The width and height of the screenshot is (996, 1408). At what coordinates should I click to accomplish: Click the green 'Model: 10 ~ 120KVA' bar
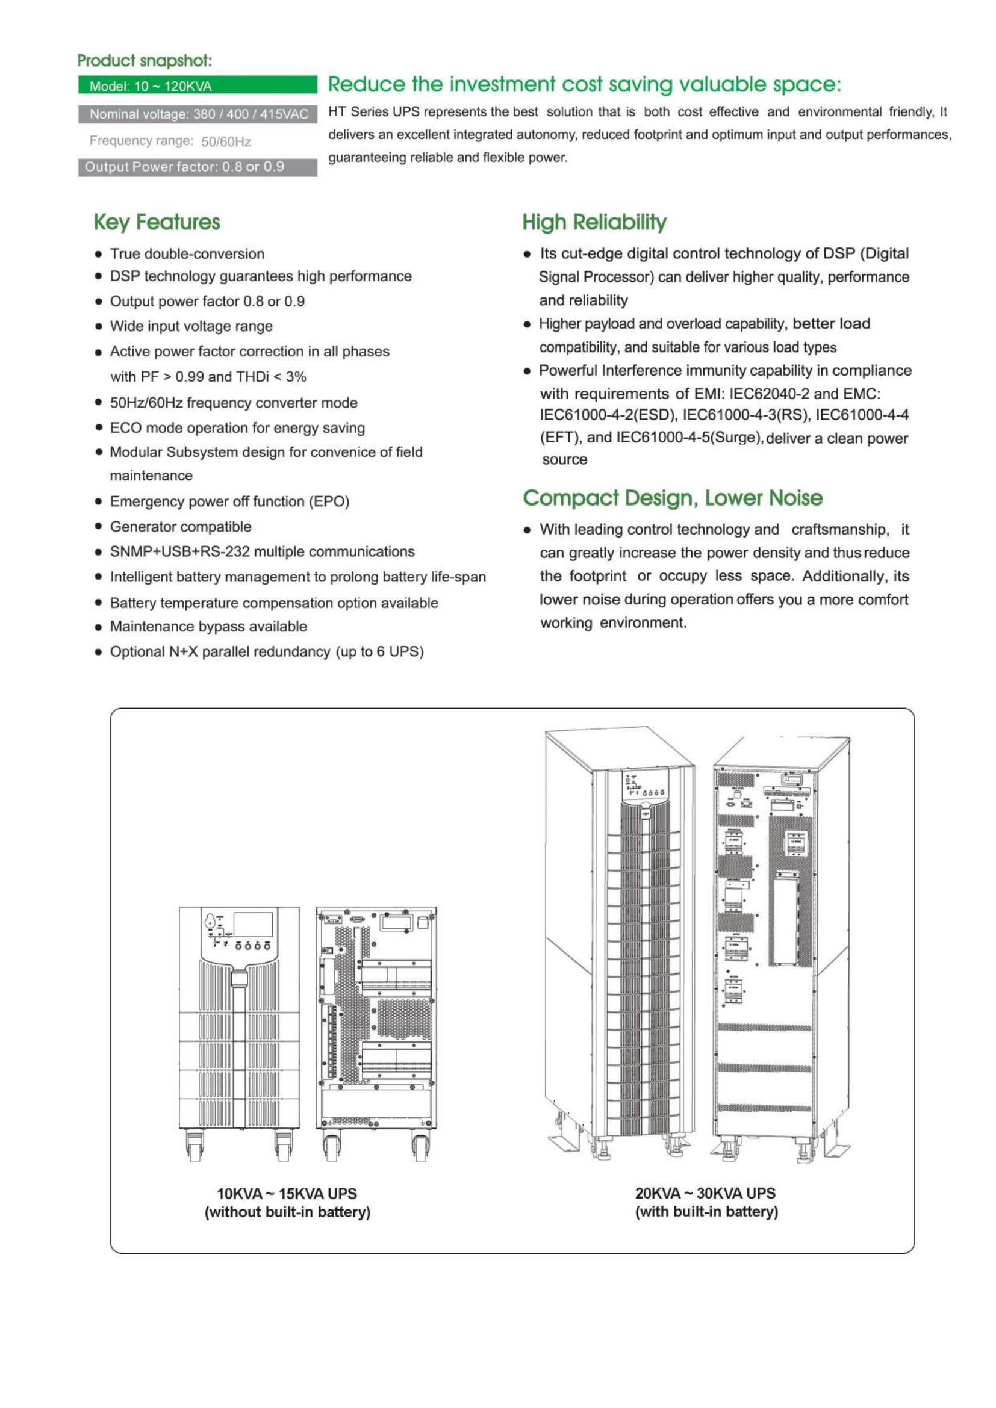(x=197, y=86)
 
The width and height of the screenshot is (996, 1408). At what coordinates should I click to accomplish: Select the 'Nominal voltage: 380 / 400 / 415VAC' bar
(x=198, y=114)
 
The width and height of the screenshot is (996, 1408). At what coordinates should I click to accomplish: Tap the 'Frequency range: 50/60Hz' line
(x=170, y=141)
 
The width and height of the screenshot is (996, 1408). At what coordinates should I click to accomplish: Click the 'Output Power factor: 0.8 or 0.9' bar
(x=197, y=167)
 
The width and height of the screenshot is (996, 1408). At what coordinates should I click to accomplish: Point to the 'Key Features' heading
(x=157, y=222)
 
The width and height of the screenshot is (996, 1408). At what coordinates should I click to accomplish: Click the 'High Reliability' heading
(x=594, y=222)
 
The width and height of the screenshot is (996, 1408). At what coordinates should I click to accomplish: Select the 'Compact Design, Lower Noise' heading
(x=672, y=498)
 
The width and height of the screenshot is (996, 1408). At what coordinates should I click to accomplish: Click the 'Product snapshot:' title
(x=144, y=60)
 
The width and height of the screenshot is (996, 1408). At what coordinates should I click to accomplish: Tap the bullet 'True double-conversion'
(x=187, y=254)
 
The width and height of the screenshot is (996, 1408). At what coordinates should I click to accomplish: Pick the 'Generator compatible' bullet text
(x=180, y=527)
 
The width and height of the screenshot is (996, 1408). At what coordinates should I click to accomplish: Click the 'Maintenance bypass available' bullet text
(x=208, y=627)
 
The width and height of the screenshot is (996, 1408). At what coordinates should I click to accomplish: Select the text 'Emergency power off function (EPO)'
(x=229, y=501)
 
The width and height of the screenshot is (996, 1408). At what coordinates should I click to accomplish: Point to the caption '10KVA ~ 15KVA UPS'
(x=287, y=1193)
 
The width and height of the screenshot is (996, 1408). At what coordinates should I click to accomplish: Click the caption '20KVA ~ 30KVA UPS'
(x=705, y=1192)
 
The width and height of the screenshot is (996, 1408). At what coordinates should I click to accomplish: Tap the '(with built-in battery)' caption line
(x=706, y=1212)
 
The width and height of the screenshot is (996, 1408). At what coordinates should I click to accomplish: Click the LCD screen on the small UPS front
(x=254, y=925)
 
